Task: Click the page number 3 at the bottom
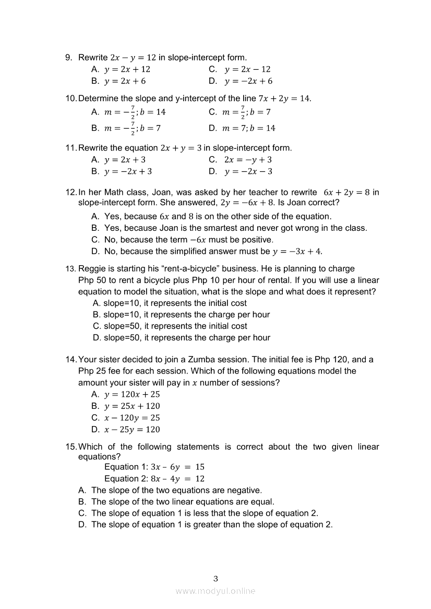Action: [215, 578]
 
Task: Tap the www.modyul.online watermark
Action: [215, 591]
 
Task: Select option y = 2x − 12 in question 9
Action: [247, 69]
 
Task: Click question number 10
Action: [71, 98]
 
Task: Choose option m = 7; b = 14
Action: [249, 128]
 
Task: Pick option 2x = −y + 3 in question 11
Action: [248, 160]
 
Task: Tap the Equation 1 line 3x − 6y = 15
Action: [154, 467]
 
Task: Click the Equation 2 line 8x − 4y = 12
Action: [154, 479]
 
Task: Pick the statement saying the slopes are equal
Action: [183, 502]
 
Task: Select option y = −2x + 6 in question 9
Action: [248, 81]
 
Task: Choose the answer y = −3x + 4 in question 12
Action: [297, 252]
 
